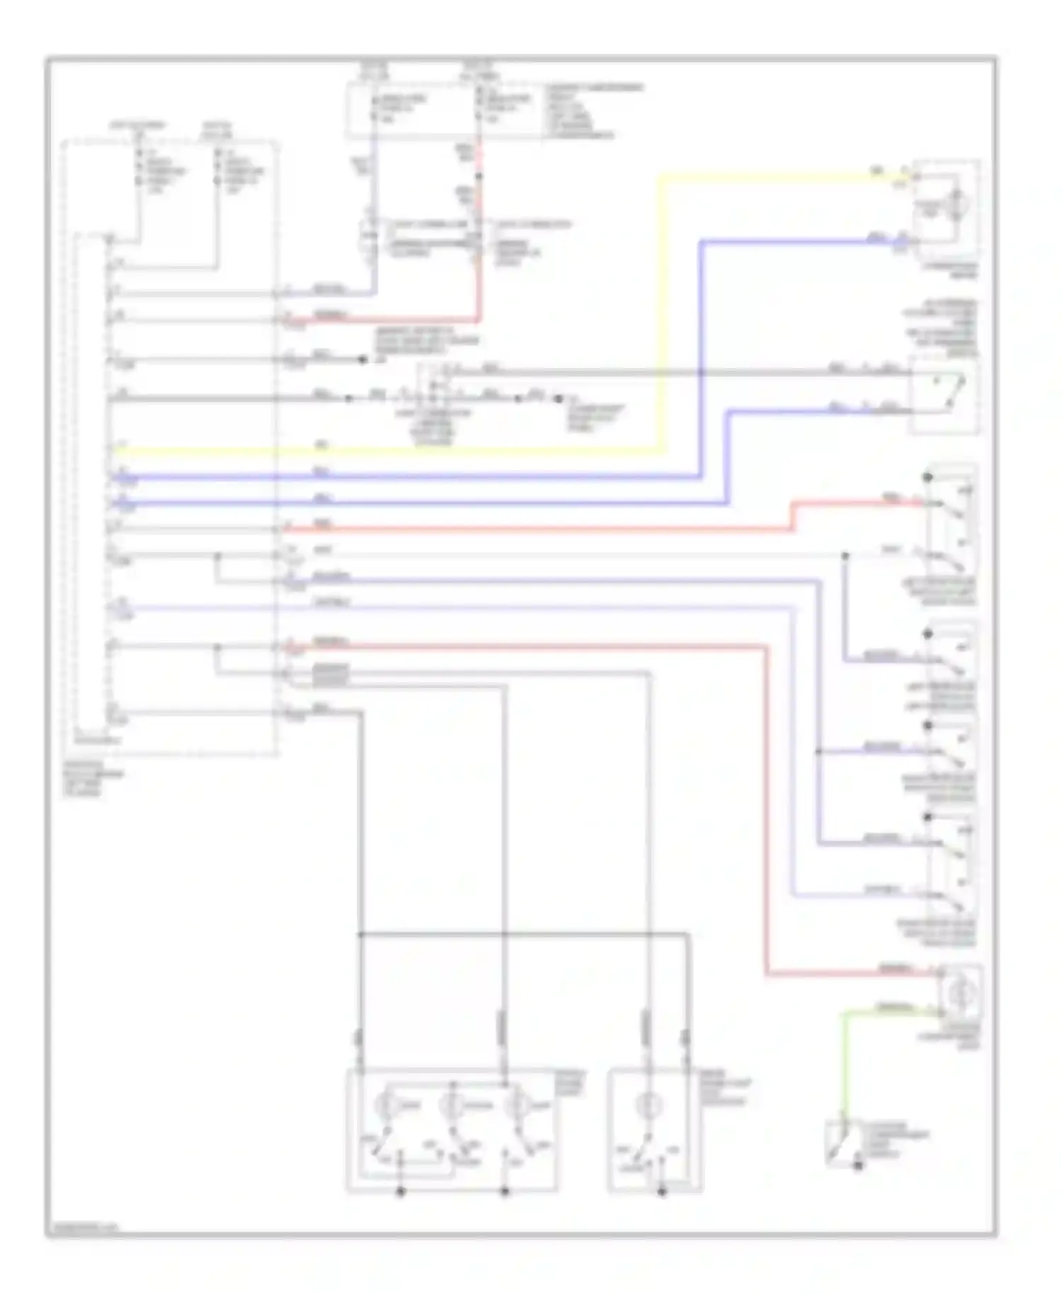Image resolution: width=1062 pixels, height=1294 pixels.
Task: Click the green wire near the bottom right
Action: point(843,1062)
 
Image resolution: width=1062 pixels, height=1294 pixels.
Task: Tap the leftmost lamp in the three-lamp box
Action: point(386,1105)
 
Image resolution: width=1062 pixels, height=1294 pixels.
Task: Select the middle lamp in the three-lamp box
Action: point(450,1105)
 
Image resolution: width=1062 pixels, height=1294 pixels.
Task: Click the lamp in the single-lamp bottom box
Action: point(646,1105)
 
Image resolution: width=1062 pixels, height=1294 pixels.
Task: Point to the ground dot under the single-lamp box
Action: point(663,1192)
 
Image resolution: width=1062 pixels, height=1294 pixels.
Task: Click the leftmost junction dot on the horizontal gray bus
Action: point(360,935)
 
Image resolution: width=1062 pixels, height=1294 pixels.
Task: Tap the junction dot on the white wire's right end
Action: point(845,556)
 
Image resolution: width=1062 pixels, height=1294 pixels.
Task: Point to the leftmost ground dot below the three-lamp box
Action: point(400,1192)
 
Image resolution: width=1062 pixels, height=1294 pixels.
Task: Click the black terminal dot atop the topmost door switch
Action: point(927,478)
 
